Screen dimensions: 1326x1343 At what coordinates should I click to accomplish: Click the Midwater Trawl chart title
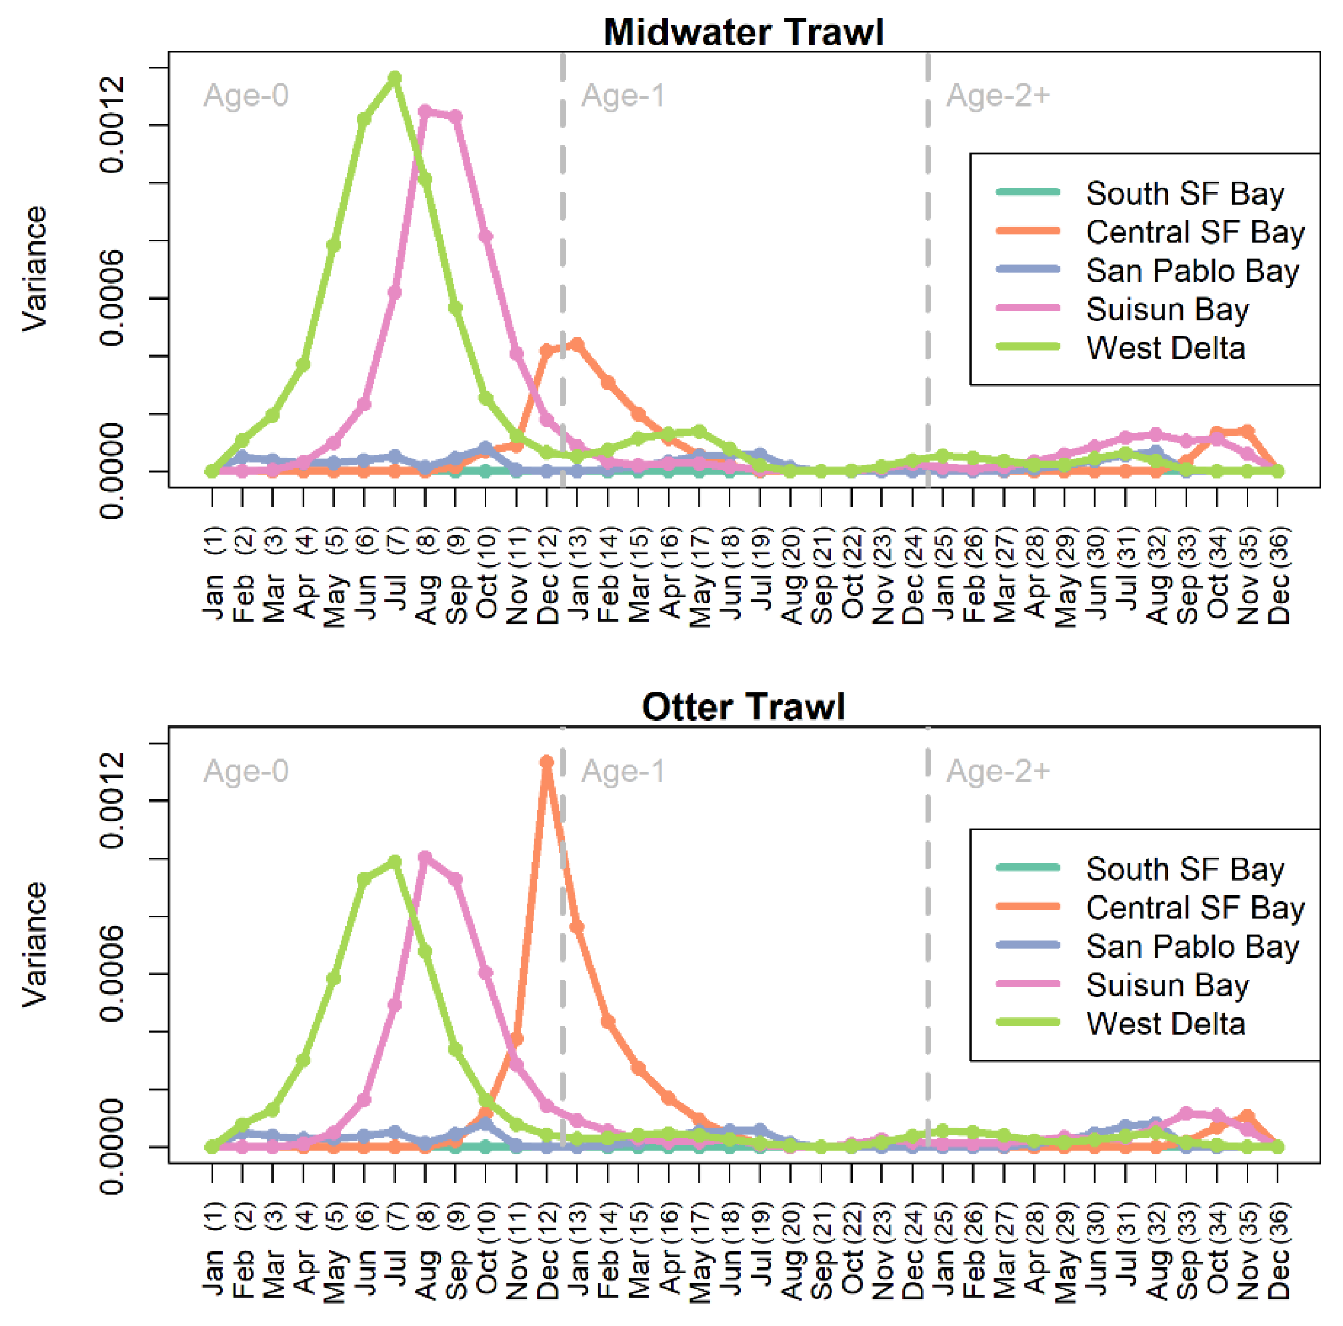click(x=743, y=32)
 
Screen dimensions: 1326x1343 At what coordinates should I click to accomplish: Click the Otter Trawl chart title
click(x=743, y=707)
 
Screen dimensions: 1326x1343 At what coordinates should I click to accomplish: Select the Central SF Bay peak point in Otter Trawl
click(x=547, y=762)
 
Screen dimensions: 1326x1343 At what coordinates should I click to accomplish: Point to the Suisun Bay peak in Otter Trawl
click(x=425, y=858)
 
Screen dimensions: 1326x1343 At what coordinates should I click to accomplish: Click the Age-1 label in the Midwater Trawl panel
click(x=623, y=95)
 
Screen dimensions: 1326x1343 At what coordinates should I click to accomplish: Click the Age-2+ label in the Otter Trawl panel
click(x=998, y=771)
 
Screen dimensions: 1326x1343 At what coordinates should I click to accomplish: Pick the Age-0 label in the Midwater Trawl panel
click(x=246, y=95)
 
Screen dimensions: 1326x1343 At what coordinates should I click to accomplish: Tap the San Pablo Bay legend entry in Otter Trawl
click(x=1192, y=947)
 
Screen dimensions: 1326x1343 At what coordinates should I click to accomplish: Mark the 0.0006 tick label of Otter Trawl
click(x=112, y=974)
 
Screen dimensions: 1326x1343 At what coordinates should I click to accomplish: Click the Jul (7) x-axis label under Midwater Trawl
click(x=396, y=577)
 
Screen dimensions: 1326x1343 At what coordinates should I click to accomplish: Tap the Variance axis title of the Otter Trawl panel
click(x=35, y=944)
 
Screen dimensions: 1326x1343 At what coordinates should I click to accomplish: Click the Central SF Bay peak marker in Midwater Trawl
click(x=577, y=345)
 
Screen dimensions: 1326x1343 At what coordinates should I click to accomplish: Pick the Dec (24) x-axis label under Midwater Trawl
click(x=913, y=577)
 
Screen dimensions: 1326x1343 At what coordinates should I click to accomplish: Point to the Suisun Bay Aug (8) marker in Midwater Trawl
click(x=425, y=111)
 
